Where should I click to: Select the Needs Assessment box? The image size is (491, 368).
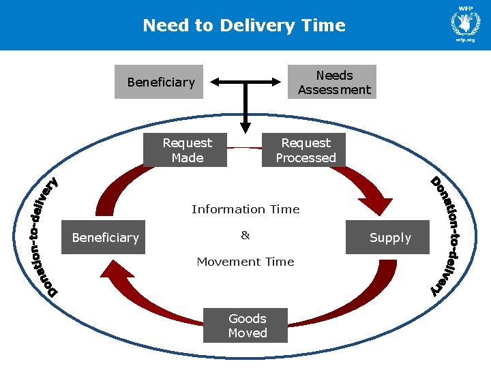coord(332,82)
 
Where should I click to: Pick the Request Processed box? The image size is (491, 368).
coord(304,150)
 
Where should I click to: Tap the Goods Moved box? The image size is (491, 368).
coord(245,325)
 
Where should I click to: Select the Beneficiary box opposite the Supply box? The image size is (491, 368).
coord(104,237)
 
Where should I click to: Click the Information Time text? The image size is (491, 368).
coord(245,209)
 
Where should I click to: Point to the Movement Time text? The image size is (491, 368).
coord(245,262)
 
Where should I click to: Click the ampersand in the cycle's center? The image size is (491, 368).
coord(245,236)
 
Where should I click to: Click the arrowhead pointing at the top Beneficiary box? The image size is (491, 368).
coord(214,82)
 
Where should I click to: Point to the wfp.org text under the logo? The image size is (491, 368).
coord(465,41)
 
